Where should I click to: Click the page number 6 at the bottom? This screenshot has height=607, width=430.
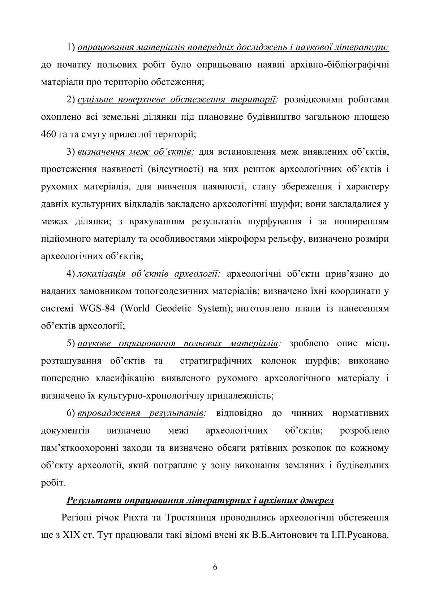(x=215, y=567)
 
